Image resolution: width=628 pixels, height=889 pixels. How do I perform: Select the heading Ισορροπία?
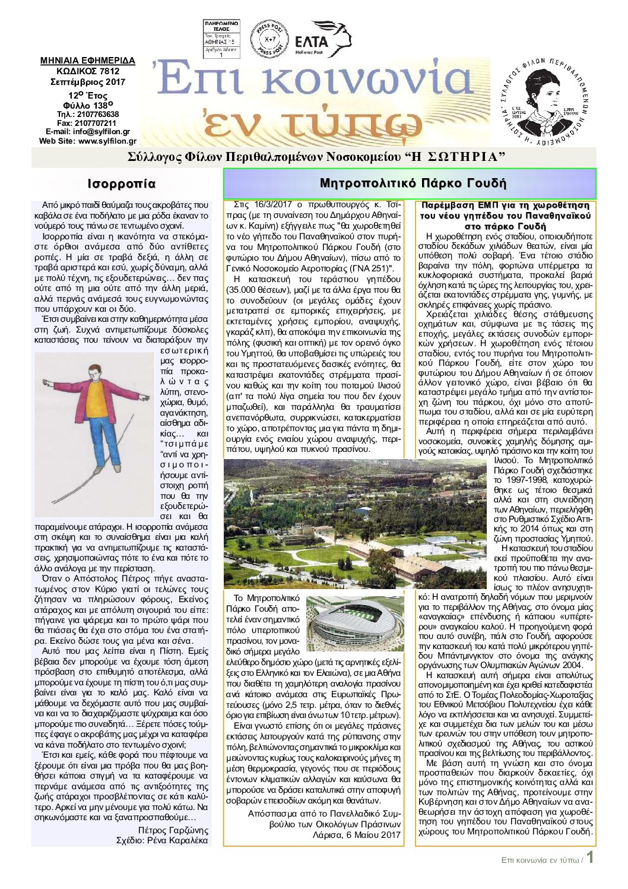(121, 184)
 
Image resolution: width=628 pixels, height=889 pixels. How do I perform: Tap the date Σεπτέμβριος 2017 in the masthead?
(88, 82)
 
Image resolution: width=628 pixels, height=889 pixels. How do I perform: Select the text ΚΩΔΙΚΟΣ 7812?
(88, 71)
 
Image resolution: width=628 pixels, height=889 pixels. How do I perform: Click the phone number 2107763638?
(96, 114)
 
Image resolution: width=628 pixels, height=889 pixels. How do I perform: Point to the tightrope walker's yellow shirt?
(97, 403)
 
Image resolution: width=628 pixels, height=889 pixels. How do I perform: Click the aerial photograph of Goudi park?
(356, 523)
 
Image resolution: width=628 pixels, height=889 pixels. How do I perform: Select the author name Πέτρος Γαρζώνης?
(173, 830)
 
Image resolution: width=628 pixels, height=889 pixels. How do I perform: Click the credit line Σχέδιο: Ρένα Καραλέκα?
(162, 840)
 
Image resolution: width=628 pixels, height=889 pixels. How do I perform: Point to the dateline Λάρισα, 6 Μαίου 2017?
(356, 835)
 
